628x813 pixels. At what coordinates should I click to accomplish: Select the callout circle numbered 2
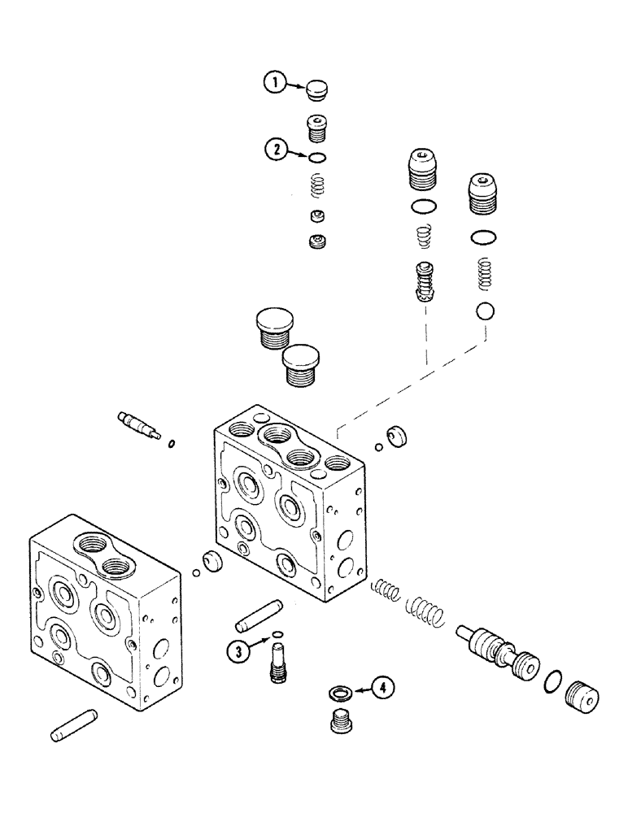click(277, 150)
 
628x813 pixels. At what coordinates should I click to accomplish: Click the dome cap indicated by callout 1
click(317, 89)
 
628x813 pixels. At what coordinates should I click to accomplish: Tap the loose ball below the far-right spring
click(486, 311)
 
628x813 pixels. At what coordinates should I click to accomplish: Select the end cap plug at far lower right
click(580, 698)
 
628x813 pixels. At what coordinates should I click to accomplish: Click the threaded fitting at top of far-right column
click(483, 196)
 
